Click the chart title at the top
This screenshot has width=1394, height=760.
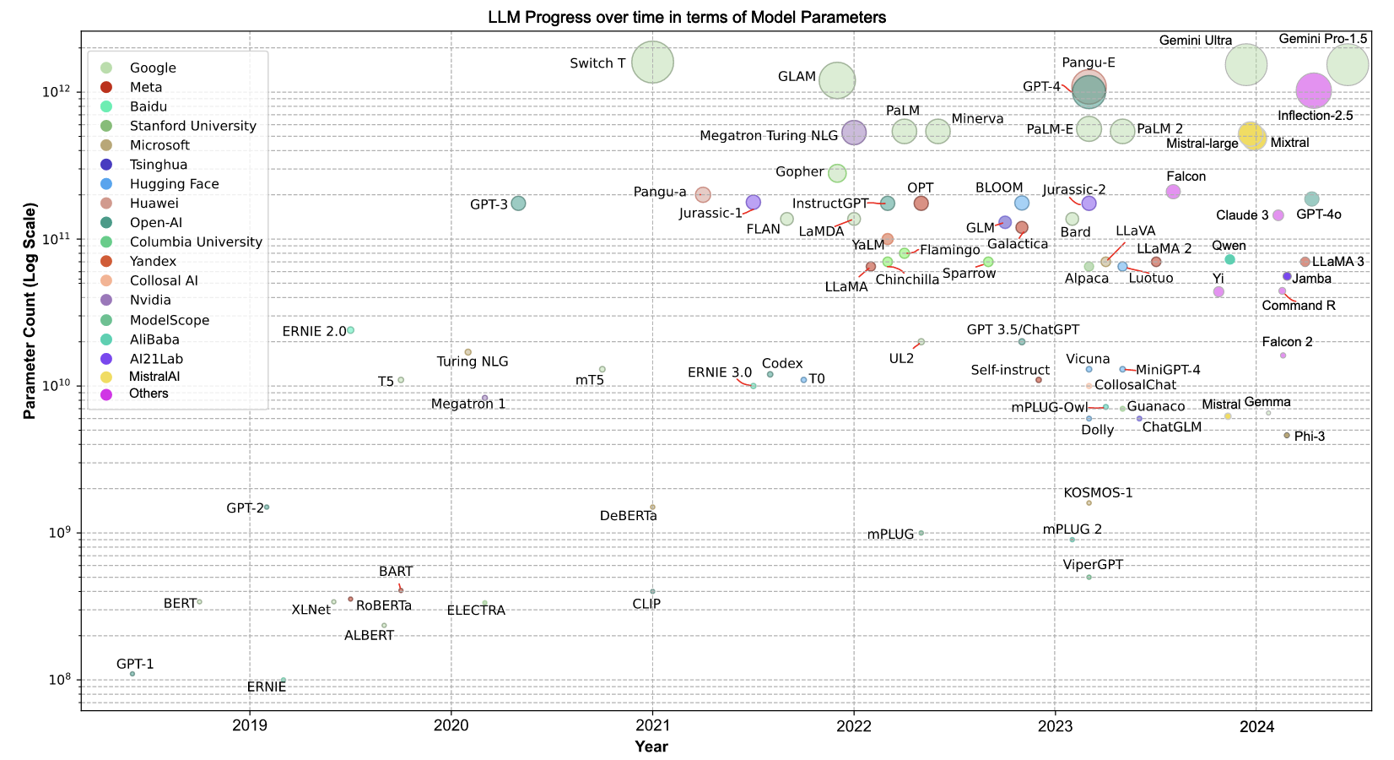click(686, 17)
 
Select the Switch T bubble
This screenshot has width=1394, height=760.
click(652, 62)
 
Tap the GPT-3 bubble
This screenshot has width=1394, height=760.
click(518, 204)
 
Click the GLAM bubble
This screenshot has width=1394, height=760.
click(837, 80)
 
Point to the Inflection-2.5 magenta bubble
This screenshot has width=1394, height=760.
click(1313, 91)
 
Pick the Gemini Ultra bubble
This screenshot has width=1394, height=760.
click(1245, 65)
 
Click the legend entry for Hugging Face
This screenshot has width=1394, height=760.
click(174, 184)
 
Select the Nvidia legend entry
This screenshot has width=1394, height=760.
click(150, 301)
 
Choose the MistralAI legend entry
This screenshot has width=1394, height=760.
click(154, 377)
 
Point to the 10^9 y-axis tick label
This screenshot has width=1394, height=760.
click(59, 533)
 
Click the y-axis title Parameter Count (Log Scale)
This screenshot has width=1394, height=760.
click(30, 311)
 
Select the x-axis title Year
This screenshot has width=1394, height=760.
click(651, 746)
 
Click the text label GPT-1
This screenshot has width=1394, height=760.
click(135, 665)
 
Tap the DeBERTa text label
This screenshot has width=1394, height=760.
click(628, 516)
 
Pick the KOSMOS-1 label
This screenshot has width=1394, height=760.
click(1098, 493)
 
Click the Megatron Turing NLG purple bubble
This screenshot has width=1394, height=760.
click(854, 133)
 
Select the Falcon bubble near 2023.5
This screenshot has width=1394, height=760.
click(1173, 192)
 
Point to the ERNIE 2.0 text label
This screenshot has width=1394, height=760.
click(314, 332)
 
